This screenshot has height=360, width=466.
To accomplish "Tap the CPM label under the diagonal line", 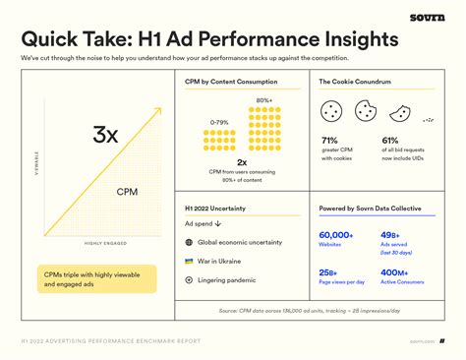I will pyautogui.click(x=127, y=192).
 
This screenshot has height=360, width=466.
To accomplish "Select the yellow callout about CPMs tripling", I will pyautogui.click(x=99, y=278).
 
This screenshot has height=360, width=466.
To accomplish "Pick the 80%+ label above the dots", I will pyautogui.click(x=264, y=100).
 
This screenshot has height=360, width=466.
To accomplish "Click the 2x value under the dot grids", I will pyautogui.click(x=241, y=161).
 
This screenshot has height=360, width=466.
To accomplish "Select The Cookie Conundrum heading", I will pyautogui.click(x=357, y=109).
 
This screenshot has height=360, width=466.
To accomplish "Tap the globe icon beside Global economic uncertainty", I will pyautogui.click(x=189, y=242).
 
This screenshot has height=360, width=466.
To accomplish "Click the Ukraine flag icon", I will pyautogui.click(x=189, y=261).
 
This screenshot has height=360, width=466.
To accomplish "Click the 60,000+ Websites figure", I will pyautogui.click(x=336, y=235).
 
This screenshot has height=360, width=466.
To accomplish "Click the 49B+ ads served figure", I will pyautogui.click(x=390, y=235).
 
